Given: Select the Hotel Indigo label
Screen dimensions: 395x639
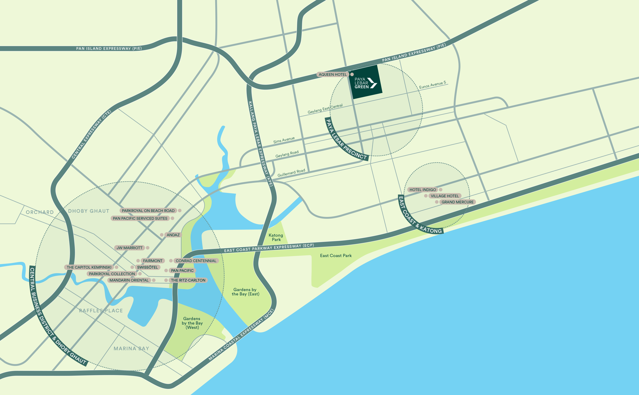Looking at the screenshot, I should pos(423,190).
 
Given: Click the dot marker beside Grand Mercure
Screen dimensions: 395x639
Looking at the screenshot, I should pos(437,202).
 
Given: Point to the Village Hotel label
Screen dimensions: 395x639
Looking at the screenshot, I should pos(445,196).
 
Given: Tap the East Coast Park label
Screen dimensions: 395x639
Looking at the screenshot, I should pos(336,256).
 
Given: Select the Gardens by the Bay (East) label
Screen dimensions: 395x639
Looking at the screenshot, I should pos(245,292).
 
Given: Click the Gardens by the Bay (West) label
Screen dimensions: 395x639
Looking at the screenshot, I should pos(192,323).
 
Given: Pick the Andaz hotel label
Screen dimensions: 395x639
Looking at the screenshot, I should pos(173,235).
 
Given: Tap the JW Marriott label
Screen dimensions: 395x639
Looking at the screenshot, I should pos(129,248).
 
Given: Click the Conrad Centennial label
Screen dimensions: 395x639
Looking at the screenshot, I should pos(196,261).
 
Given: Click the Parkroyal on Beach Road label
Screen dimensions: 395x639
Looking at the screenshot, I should pos(148,211).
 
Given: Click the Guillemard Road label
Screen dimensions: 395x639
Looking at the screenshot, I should pos(291,173).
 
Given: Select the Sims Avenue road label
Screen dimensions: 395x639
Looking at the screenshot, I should pos(284,140).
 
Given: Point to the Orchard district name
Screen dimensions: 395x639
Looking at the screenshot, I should pos(40,212).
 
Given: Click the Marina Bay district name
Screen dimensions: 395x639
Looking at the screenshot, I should pos(131,348).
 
